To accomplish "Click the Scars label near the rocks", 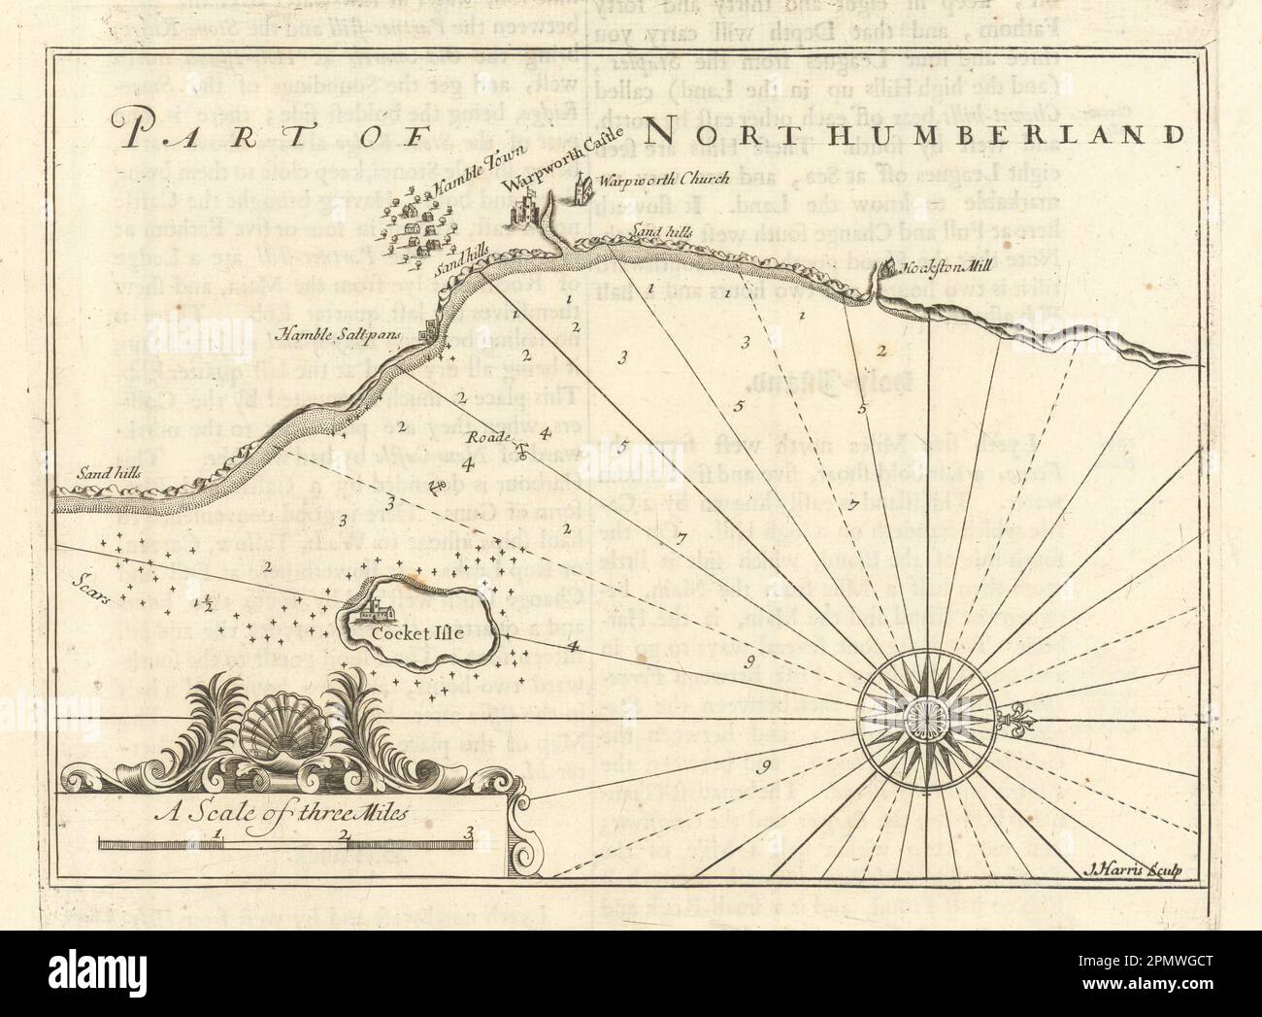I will pos(93,583).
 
